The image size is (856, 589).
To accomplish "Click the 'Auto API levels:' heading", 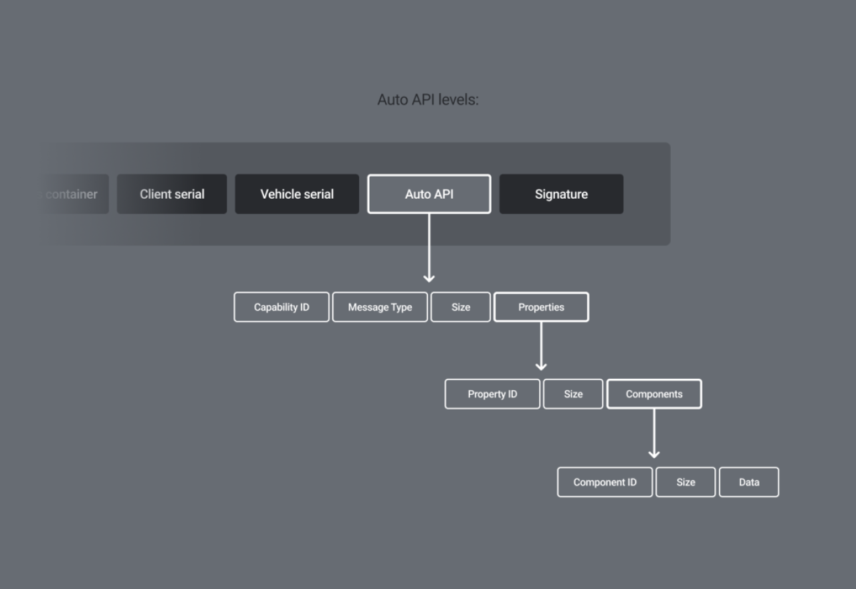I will pos(428,100).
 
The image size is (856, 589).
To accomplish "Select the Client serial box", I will pos(172,194).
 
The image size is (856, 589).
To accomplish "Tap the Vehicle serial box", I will pos(297,194).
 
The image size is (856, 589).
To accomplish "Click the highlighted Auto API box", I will pos(429,194).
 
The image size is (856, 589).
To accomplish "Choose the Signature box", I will pos(561,194).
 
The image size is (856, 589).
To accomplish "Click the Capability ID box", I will pos(282,307).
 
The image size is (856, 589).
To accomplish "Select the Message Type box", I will pos(380,307).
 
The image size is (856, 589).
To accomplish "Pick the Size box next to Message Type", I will pos(461,307).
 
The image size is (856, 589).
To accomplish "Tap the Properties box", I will pos(541,307).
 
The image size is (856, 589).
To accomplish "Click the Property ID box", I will pos(492,394).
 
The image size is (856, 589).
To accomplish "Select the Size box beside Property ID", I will pos(573,394).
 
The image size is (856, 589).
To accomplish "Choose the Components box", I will pos(654,394).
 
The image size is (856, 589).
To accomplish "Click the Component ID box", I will pos(605,482).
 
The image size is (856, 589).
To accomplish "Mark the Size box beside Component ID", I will pos(685,482).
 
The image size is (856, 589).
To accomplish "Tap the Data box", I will pos(749,482).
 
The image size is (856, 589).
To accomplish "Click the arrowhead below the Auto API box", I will pos(429,278).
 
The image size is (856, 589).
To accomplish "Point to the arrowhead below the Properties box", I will pos(541,365).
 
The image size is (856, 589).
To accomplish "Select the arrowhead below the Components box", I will pos(654,453).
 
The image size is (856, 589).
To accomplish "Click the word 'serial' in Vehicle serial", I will pos(319,194).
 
